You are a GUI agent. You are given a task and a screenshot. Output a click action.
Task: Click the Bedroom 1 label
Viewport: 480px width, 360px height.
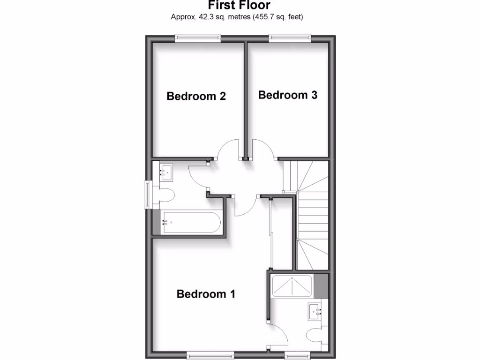click(205, 294)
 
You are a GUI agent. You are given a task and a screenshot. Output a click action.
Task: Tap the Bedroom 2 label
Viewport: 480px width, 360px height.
click(196, 96)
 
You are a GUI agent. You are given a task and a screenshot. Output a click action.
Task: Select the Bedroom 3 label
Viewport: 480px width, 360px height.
click(287, 95)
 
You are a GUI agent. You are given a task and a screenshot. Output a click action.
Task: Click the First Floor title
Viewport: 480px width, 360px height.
click(239, 6)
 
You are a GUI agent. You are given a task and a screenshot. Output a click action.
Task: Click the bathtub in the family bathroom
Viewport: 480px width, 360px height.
click(190, 222)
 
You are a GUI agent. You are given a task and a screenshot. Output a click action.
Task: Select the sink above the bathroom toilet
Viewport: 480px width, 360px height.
click(166, 172)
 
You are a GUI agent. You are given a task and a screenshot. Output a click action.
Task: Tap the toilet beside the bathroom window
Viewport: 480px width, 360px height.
click(166, 195)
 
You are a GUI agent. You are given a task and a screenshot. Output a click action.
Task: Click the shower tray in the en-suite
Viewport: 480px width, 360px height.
click(292, 285)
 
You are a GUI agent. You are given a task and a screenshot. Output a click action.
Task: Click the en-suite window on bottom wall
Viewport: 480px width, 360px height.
click(299, 355)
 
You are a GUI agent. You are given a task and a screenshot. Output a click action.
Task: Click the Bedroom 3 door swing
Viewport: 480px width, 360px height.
click(262, 150)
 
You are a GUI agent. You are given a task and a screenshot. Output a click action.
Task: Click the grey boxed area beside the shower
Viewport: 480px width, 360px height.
click(321, 285)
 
